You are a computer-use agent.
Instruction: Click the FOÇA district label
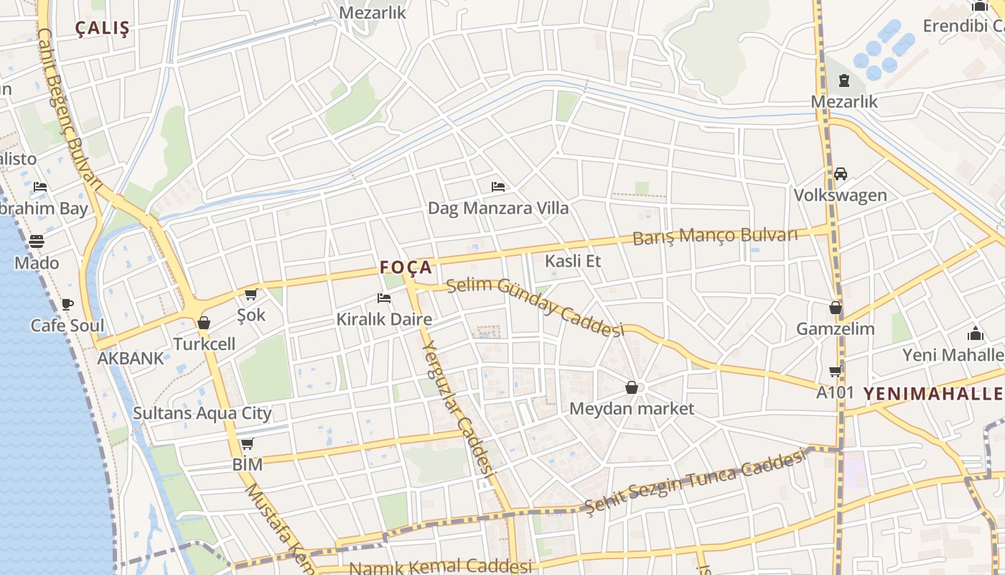406,268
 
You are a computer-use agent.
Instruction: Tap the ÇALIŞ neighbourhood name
103,29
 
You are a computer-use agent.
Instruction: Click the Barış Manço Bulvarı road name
715,236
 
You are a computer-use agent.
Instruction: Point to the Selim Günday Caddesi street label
535,306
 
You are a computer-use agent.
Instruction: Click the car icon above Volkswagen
841,174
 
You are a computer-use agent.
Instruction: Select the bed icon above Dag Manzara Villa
498,187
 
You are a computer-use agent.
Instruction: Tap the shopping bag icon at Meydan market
632,388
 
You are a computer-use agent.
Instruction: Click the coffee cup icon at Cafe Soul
67,305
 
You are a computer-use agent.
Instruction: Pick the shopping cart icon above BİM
248,444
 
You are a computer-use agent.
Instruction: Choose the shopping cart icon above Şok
251,294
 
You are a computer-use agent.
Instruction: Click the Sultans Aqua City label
202,413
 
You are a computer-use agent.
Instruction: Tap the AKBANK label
131,358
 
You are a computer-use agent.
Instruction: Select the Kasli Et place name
573,261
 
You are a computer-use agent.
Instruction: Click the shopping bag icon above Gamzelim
836,308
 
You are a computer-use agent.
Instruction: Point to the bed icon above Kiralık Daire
384,298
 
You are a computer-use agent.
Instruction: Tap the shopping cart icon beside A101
836,372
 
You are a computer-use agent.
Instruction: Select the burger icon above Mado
37,241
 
